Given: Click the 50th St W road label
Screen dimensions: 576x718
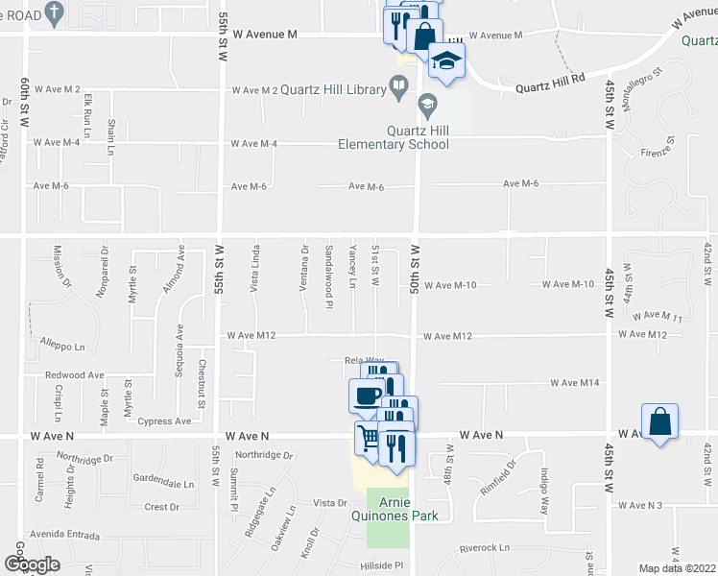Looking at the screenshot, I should coord(416,259).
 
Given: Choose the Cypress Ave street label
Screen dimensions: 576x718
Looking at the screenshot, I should coord(164,421).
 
